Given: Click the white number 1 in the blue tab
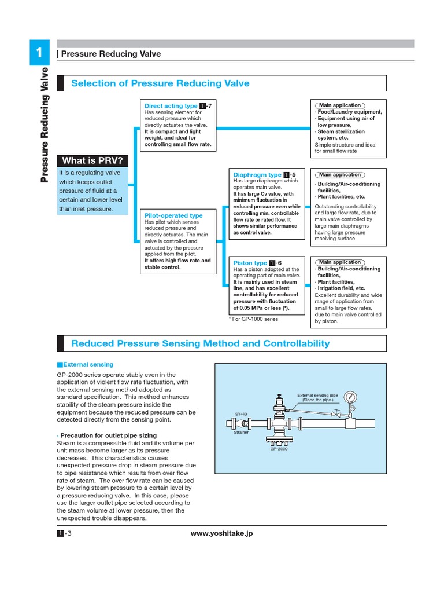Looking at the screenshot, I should [x=39, y=53].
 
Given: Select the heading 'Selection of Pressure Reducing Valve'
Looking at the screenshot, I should [x=160, y=83].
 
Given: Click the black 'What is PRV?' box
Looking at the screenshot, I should [x=92, y=160].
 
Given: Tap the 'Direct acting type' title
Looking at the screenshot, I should [x=171, y=106].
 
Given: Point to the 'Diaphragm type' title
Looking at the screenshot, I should [x=257, y=175].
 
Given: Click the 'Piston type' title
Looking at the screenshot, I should [x=250, y=263].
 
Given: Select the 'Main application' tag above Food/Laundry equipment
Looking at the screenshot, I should [x=340, y=105].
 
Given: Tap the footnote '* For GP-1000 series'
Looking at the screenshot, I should [x=253, y=319].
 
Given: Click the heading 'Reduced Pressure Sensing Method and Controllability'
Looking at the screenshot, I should [x=200, y=343].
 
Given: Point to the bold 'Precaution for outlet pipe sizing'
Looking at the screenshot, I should [x=107, y=435].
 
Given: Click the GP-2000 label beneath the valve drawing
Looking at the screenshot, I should [x=278, y=449].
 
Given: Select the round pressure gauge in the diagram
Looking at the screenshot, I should [x=350, y=397].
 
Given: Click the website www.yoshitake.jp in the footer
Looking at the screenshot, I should [x=221, y=533].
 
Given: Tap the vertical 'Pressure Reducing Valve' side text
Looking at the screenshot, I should [x=45, y=125].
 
